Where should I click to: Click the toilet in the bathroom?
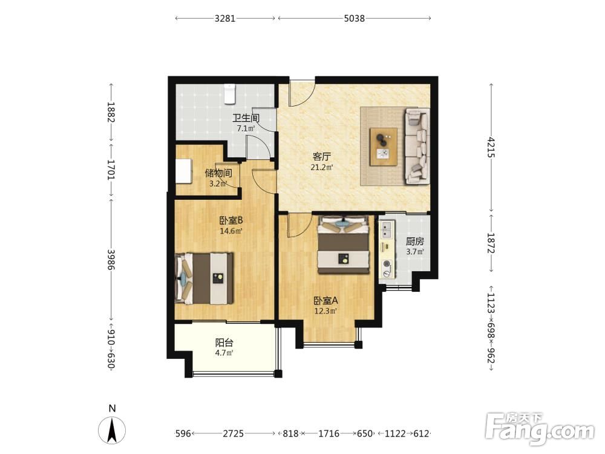(229, 94)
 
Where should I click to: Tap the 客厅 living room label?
(322, 156)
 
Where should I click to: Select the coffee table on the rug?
(384, 146)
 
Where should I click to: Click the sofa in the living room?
(417, 146)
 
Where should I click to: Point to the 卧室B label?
(231, 220)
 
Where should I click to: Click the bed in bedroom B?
(204, 278)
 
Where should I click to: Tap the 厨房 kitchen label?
(415, 242)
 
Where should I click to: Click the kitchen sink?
(386, 229)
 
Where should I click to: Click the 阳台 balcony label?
(224, 343)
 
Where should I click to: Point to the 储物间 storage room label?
(218, 173)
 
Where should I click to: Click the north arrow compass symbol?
(112, 430)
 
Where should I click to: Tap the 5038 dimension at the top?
(354, 18)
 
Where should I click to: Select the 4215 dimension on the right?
(491, 146)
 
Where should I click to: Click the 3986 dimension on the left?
(111, 260)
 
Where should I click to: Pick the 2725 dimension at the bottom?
(233, 433)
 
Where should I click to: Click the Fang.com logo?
(540, 428)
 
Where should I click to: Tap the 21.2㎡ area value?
(322, 167)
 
